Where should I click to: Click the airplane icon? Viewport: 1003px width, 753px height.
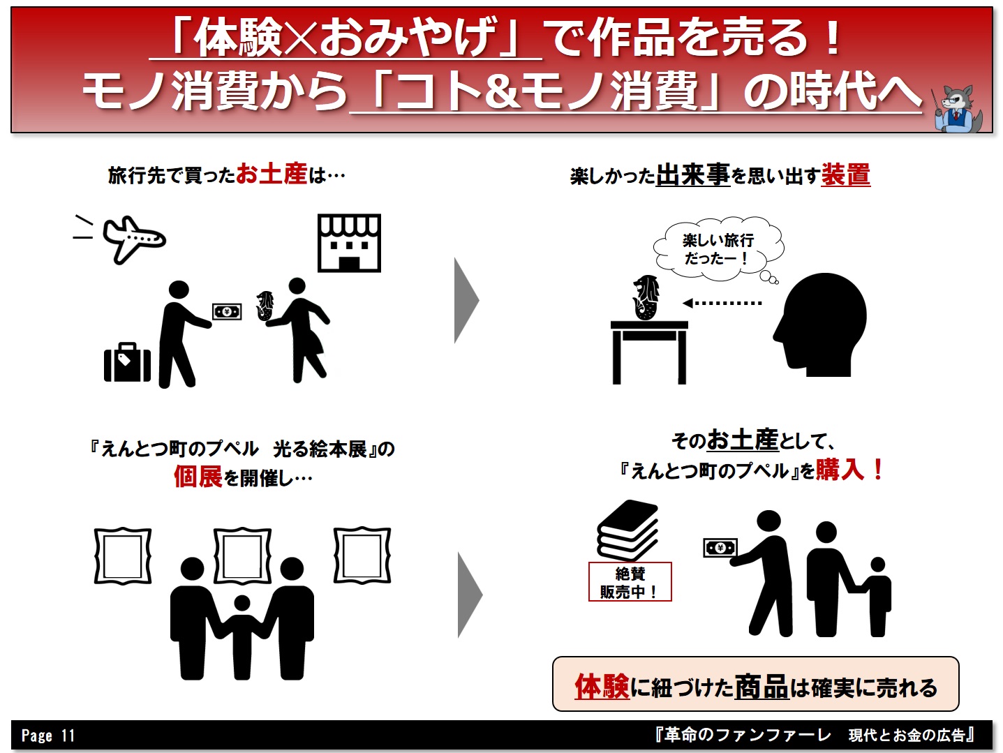tap(133, 239)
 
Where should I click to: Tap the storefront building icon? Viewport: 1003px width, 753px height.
tap(349, 243)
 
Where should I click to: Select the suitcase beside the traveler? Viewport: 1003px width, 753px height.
tap(127, 362)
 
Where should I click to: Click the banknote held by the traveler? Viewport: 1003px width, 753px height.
tap(227, 312)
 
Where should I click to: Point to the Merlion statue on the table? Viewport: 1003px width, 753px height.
tap(645, 297)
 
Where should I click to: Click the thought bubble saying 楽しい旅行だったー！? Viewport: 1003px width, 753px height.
tap(718, 250)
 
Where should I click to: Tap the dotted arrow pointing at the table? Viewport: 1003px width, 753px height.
tap(722, 303)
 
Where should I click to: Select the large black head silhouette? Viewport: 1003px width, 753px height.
tap(819, 325)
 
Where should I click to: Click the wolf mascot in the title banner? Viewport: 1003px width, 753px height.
tap(956, 108)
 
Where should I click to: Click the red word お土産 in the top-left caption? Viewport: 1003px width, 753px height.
tap(272, 174)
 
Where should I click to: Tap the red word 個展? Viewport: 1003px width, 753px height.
tap(198, 477)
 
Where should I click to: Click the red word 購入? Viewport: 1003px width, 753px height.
tap(840, 469)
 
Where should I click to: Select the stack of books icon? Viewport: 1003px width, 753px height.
tap(627, 530)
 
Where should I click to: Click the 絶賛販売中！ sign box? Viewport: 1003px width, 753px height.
tap(630, 581)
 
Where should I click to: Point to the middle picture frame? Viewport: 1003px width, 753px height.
tap(242, 529)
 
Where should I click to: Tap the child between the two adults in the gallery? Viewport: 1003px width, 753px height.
tap(242, 636)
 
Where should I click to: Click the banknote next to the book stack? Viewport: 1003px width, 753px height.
tap(720, 548)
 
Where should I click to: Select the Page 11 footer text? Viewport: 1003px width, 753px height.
tap(48, 735)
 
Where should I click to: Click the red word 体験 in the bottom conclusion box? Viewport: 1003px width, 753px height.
tap(602, 687)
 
